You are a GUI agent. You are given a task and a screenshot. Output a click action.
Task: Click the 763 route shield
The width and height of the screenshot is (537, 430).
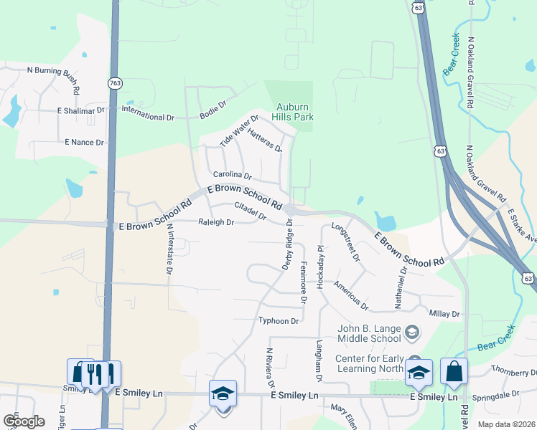[x=114, y=83]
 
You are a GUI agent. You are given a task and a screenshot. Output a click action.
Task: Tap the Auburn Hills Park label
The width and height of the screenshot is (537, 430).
[x=293, y=112]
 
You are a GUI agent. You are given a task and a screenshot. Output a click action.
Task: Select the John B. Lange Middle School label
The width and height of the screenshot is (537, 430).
[x=369, y=333]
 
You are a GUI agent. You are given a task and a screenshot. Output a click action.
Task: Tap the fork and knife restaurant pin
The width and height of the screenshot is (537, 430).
[x=94, y=373]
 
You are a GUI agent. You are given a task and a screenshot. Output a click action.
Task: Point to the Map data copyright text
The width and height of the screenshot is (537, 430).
[x=506, y=424]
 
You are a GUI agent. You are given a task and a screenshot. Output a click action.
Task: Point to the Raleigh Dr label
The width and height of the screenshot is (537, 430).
[x=216, y=222]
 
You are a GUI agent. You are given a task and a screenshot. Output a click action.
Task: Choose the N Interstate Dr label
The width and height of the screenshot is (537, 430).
[x=169, y=249]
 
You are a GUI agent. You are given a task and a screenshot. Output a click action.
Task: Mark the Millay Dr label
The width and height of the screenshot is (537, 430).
[x=444, y=314]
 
